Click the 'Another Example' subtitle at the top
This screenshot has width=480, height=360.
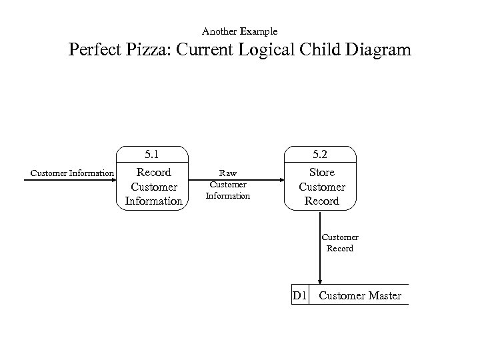pos(239,31)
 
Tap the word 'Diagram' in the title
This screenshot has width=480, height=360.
pos(379,51)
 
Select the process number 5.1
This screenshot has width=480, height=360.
pos(153,155)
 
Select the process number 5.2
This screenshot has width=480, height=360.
pos(321,155)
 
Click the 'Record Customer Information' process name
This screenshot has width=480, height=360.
pos(153,187)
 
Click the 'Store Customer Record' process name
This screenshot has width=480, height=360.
pos(321,187)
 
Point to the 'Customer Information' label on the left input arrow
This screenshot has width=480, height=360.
pos(72,174)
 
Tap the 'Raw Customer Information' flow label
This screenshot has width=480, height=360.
pos(228,184)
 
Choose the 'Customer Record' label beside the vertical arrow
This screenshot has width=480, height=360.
pos(339,243)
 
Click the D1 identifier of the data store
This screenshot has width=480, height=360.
pos(299,295)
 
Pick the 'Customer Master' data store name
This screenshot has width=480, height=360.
pos(360,295)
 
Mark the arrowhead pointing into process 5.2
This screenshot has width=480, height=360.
pos(280,180)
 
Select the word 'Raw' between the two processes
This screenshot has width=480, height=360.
pos(228,173)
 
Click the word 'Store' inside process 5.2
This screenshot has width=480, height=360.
pos(321,173)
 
